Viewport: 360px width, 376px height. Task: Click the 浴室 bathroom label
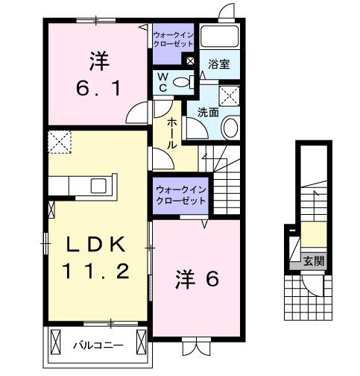coord(218,65)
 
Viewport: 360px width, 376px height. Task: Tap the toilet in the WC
coord(182,82)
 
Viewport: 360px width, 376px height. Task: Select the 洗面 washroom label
coord(208,112)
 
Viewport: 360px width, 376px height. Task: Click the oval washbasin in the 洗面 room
coord(231,128)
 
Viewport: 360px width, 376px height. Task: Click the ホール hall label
coord(172,134)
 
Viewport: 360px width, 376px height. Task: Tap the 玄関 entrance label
coord(313,261)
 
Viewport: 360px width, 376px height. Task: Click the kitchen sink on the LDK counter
coord(98,186)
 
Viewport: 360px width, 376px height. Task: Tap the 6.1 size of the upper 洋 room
coord(95,87)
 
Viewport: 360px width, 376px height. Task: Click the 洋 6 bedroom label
coord(196,280)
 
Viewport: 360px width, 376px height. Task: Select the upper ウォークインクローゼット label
coord(173,39)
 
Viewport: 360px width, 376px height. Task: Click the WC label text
coord(162,82)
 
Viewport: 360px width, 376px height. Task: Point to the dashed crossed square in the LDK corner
coord(60,140)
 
